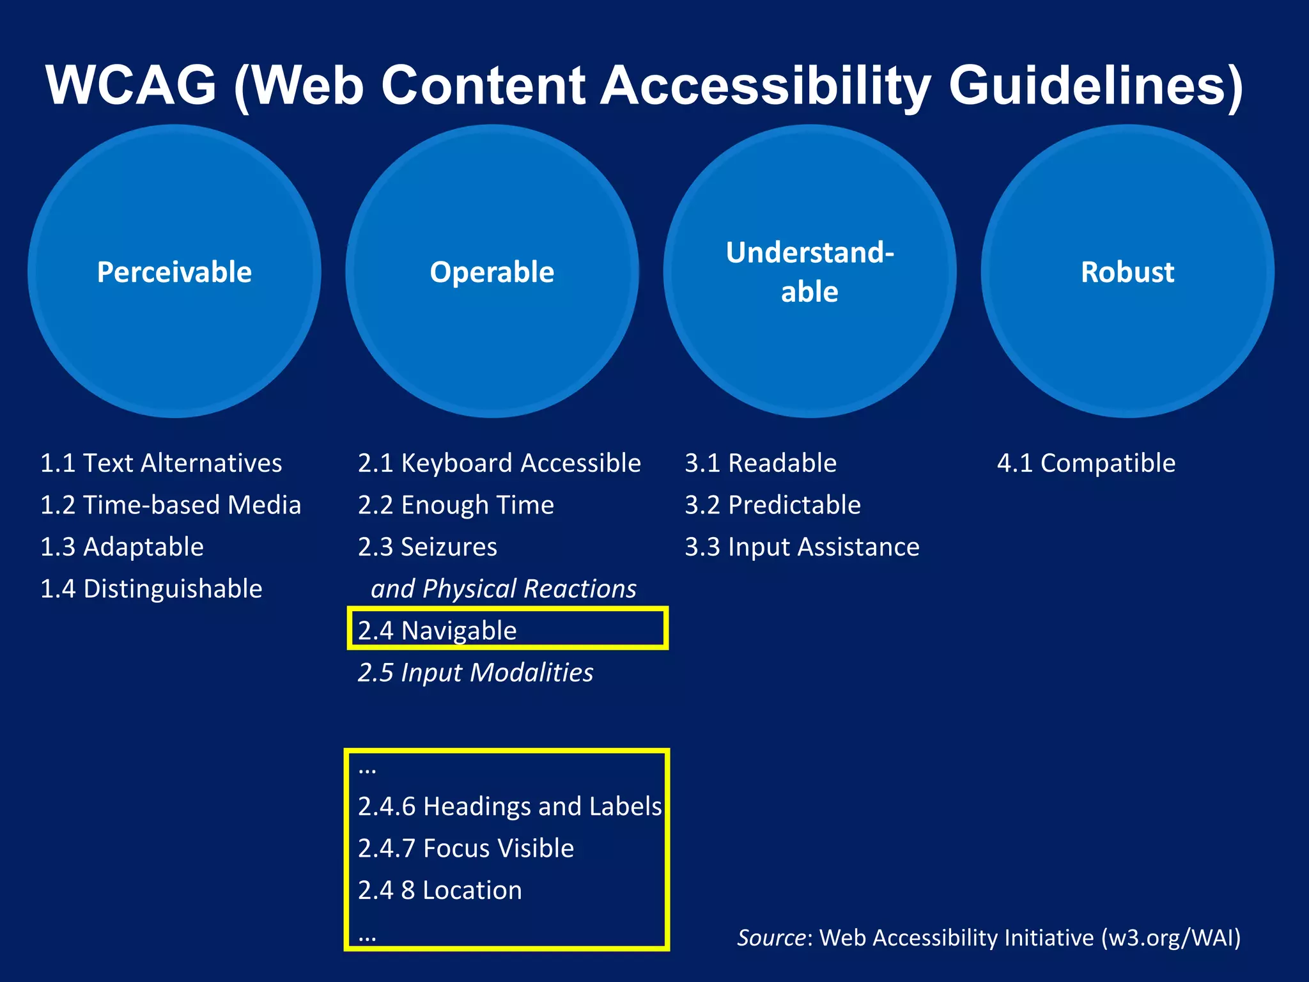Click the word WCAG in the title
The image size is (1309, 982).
tap(132, 85)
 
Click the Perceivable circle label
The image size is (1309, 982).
tap(174, 272)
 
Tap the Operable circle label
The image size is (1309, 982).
tap(492, 272)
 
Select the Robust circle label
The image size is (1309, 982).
tap(1127, 272)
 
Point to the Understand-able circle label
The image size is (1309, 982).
tap(810, 272)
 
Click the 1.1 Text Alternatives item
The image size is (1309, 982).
tap(161, 463)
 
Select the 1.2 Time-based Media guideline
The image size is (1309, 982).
tap(171, 505)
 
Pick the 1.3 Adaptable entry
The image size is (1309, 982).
tap(122, 547)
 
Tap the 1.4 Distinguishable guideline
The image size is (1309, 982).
tap(151, 589)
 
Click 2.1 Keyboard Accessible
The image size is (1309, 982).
tap(499, 463)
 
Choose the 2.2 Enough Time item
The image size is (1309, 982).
tap(456, 505)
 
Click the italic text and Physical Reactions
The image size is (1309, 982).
tap(504, 589)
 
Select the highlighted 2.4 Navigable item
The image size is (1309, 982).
tap(437, 631)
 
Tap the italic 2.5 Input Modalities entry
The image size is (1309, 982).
tap(476, 673)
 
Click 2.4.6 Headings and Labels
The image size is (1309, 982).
tap(509, 807)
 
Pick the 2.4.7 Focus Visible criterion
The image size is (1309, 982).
tap(466, 848)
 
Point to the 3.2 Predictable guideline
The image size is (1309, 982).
tap(773, 505)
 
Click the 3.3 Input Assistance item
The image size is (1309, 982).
tap(802, 547)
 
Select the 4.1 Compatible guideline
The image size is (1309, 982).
tap(1086, 463)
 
